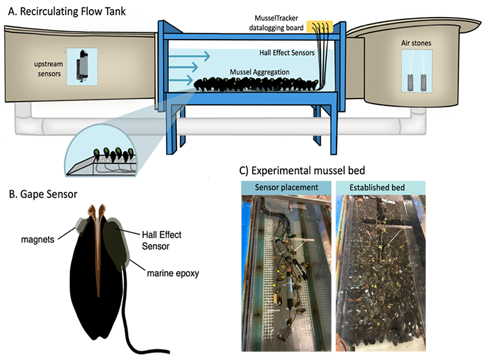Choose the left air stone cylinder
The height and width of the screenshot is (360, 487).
(408, 80)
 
